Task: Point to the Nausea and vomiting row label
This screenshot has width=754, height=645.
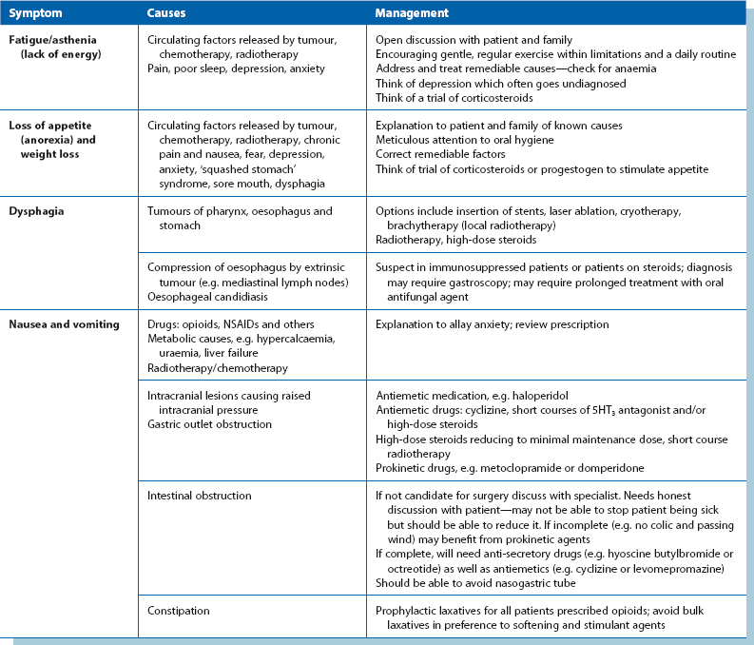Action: tap(65, 324)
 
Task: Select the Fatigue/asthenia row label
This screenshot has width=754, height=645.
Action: tap(48, 40)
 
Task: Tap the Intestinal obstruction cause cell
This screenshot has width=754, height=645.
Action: tap(199, 496)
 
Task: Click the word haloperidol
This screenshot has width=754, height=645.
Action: tap(548, 395)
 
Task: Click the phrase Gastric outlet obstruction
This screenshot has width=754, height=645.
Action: tap(208, 423)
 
